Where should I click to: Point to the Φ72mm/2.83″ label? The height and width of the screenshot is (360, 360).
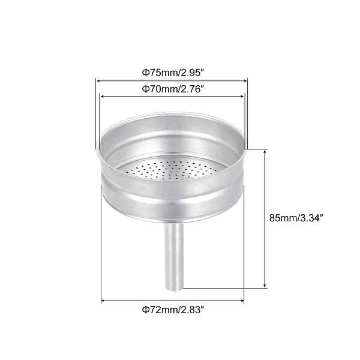173,310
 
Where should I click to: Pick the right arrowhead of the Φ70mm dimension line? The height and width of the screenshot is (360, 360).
242,96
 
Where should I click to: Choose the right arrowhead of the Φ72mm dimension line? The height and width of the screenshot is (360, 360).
242,300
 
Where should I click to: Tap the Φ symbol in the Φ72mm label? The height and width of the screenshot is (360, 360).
145,310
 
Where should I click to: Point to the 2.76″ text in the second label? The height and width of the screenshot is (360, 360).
190,89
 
